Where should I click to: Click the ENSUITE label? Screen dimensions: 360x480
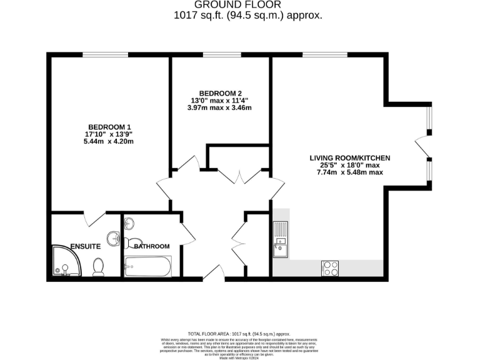point(86,246)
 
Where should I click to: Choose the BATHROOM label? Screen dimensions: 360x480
point(151,246)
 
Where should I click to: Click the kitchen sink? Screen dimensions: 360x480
point(280,241)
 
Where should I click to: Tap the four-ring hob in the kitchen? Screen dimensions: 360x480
point(330,268)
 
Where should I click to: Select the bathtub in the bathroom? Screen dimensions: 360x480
point(147,267)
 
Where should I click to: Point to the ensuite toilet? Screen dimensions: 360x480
point(98,267)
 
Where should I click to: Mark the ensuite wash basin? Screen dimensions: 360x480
point(113,239)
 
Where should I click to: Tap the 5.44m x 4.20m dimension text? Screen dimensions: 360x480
point(110,141)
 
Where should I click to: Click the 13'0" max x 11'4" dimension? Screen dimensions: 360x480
point(221,100)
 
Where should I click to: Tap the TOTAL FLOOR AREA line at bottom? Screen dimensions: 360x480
point(239,334)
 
